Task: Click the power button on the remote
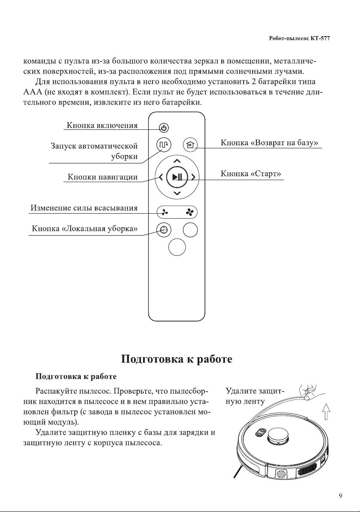coord(164,128)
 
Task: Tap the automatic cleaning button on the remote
coord(164,144)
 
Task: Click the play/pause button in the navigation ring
coord(177,177)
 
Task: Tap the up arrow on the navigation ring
coord(177,161)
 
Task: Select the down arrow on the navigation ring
coord(177,193)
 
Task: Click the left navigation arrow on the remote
coord(161,177)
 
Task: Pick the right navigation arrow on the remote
coord(193,177)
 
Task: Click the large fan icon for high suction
coord(189,212)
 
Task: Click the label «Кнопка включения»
coord(102,126)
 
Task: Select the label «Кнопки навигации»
coord(103,177)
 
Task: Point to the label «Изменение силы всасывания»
coord(84,208)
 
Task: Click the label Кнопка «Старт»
coord(250,173)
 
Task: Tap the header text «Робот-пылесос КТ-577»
coord(299,38)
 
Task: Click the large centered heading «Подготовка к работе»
coord(177,359)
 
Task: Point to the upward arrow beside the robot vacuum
coord(326,411)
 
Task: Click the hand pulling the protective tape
coord(311,391)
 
